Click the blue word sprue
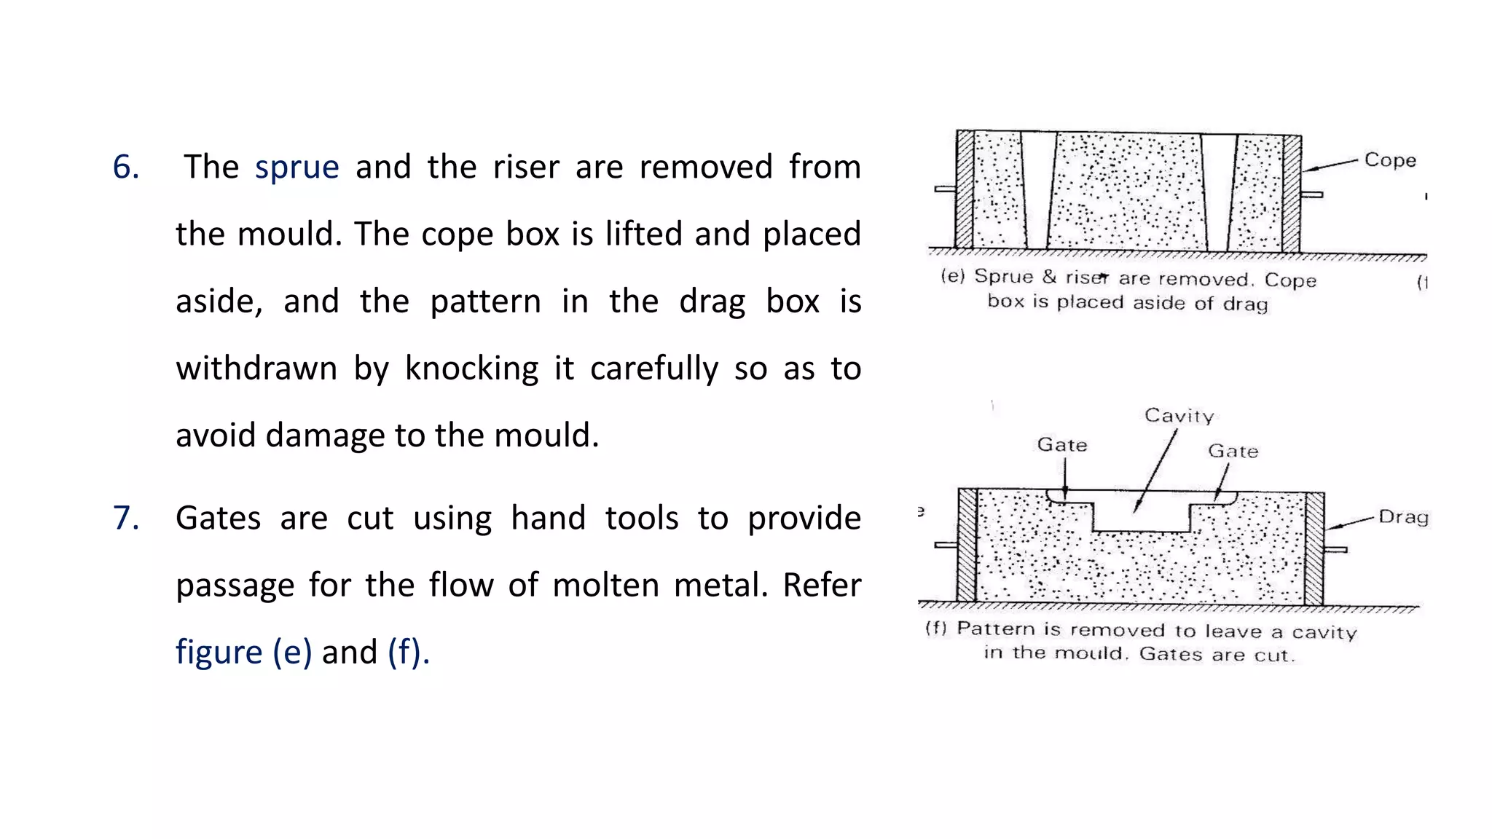[297, 168]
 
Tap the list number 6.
[125, 168]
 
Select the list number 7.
[125, 519]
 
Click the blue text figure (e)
[243, 652]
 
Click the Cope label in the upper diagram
[1389, 160]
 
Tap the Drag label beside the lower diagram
[1403, 517]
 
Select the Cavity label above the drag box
[1179, 416]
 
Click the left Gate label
[1061, 445]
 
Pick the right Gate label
[1233, 452]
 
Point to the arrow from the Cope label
[1330, 165]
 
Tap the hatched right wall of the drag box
[1314, 548]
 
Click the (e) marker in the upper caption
[952, 276]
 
